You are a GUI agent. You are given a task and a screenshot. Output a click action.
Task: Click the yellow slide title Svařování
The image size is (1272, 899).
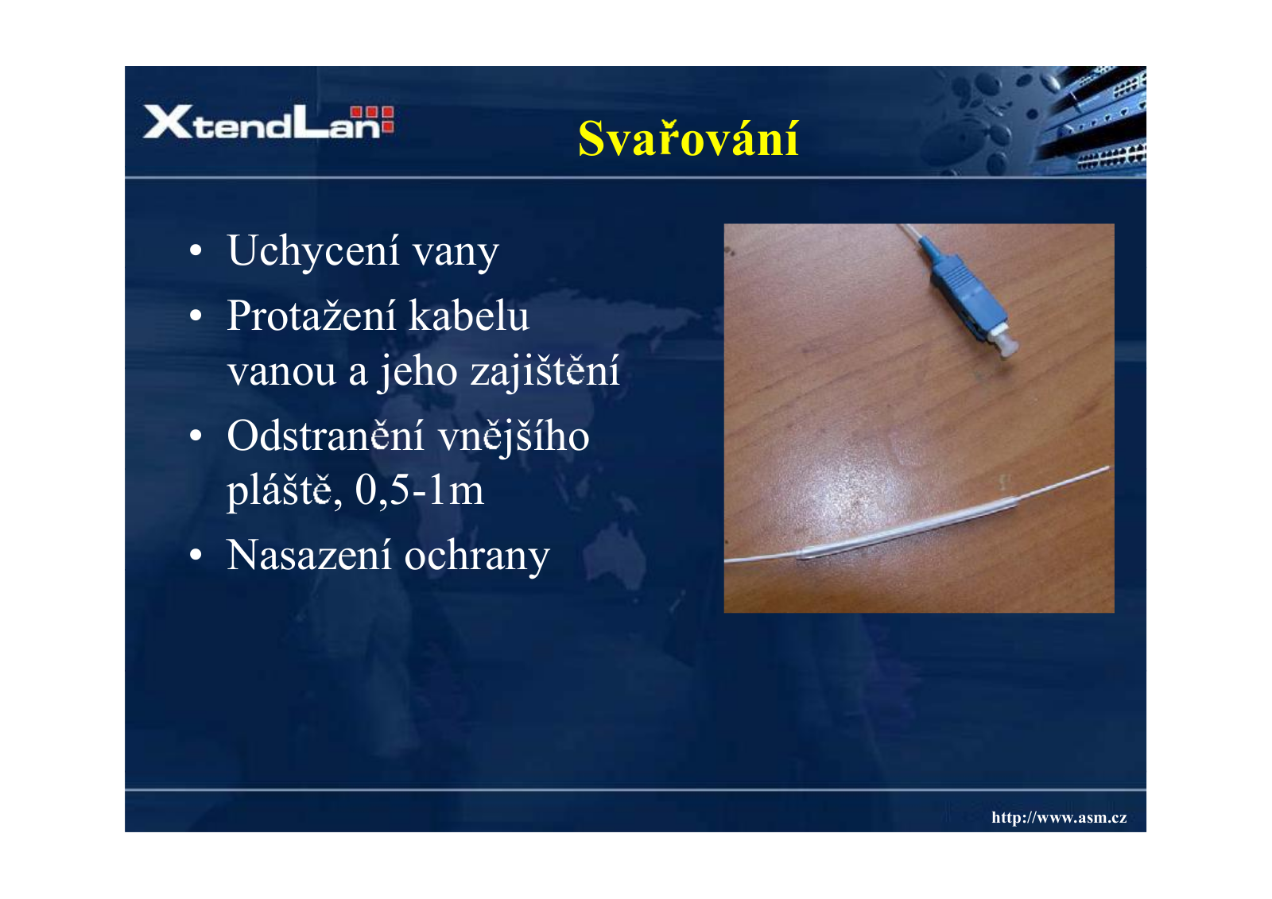click(x=688, y=138)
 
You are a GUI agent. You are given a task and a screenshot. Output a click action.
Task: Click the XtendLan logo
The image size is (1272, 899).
click(x=268, y=121)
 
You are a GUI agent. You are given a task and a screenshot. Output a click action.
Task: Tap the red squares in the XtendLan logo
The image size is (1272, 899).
click(x=372, y=119)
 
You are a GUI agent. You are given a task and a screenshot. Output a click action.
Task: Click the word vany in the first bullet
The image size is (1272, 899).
click(x=456, y=254)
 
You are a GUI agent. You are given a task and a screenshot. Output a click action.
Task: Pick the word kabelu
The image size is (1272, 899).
click(x=469, y=316)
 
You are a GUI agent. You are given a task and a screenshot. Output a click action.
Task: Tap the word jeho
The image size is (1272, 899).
click(x=417, y=372)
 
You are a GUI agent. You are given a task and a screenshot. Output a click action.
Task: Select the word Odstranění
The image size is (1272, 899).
click(x=325, y=436)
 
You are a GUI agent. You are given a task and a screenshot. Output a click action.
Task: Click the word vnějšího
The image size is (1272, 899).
click(x=514, y=437)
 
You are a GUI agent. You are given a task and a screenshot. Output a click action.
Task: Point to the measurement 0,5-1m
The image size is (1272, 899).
click(x=419, y=490)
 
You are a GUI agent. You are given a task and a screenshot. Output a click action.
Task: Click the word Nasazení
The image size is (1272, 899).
click(x=309, y=555)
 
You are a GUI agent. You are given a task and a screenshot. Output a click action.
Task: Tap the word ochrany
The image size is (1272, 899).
click(x=477, y=557)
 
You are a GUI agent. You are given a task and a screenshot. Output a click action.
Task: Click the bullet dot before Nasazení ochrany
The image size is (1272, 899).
click(x=196, y=554)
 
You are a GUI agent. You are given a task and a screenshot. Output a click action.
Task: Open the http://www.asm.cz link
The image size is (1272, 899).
click(x=1059, y=817)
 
